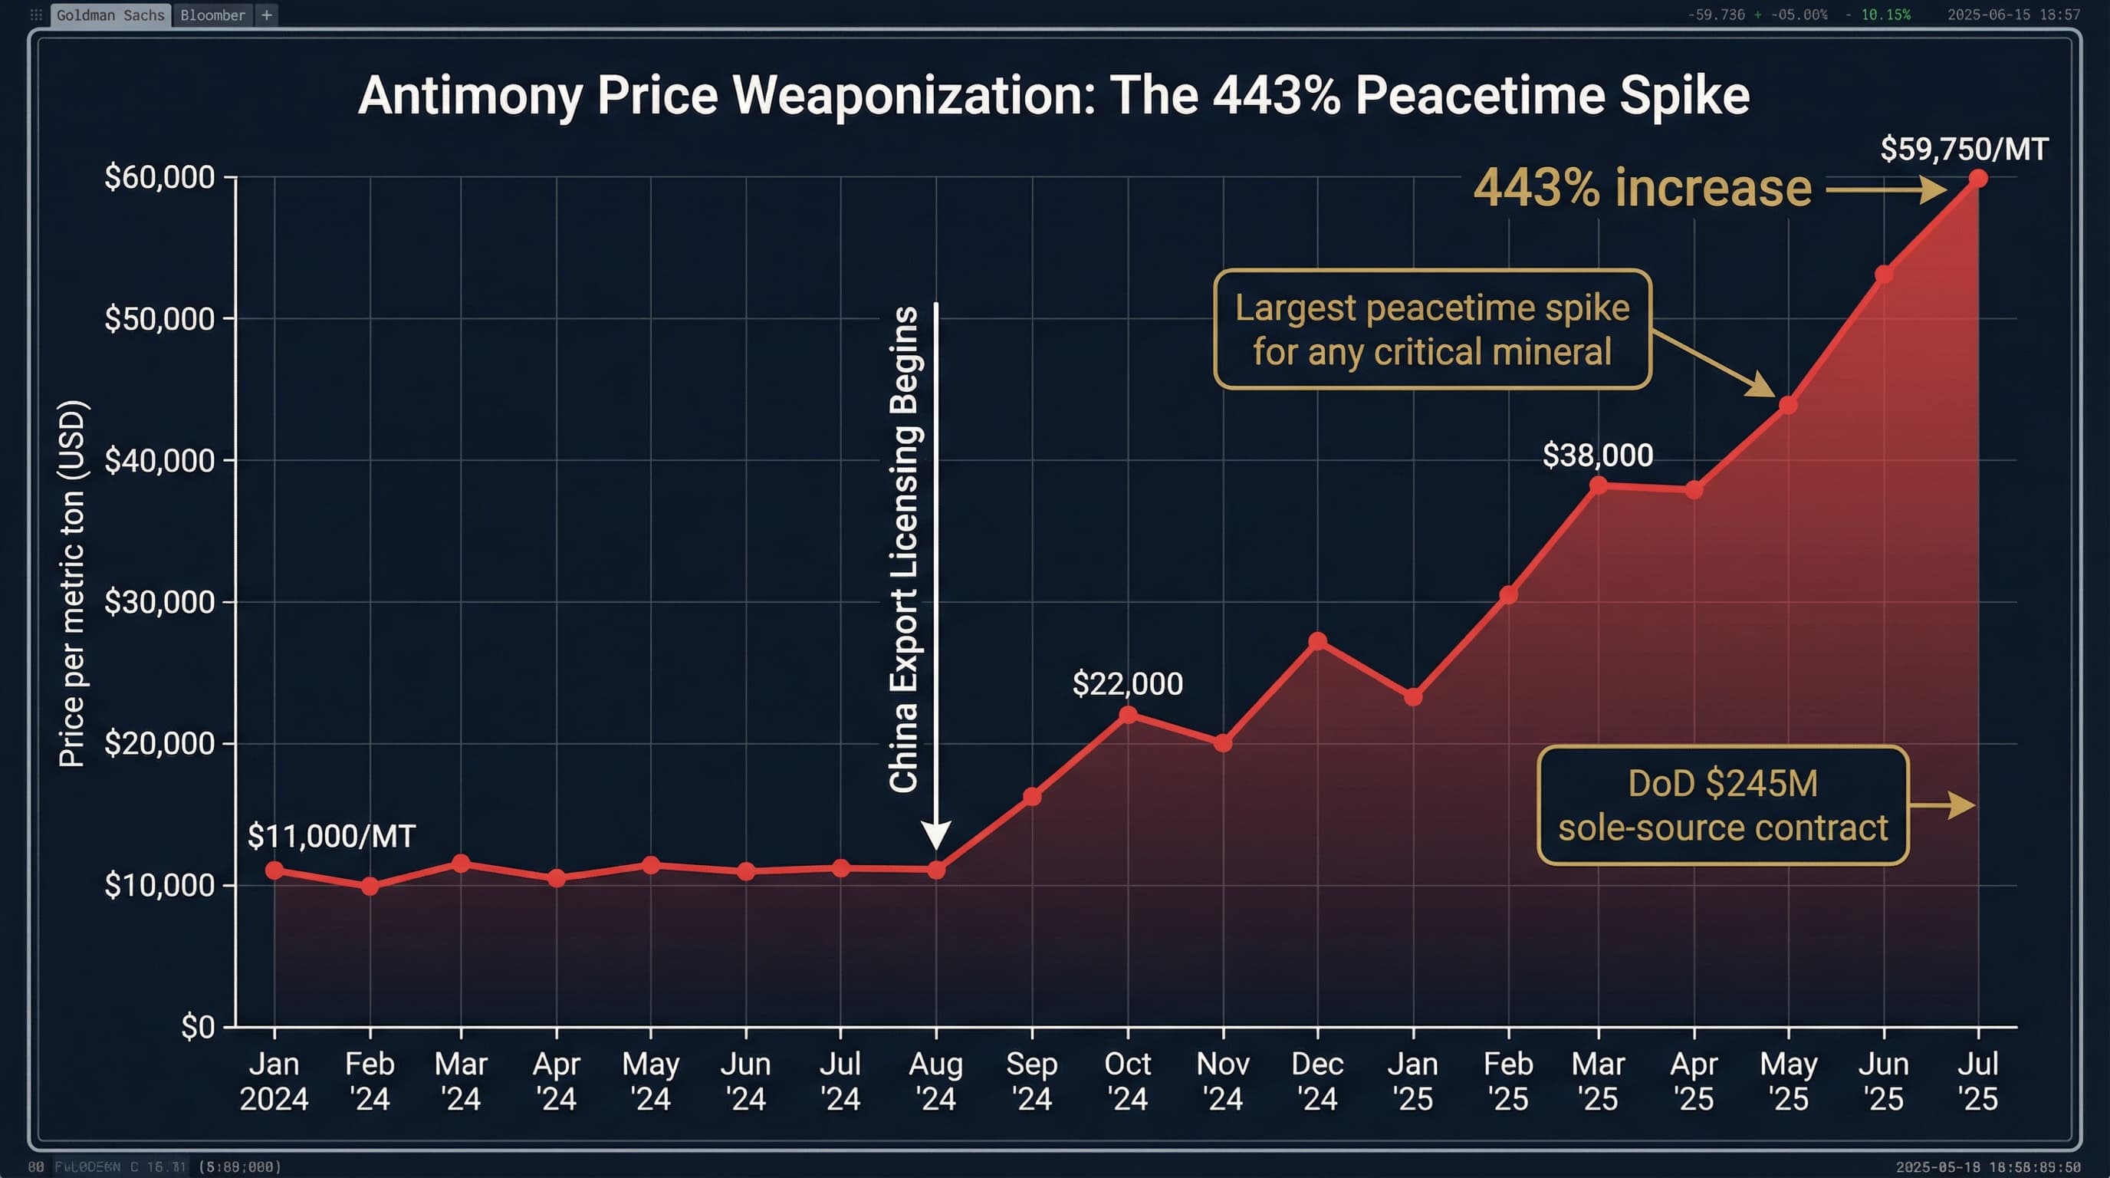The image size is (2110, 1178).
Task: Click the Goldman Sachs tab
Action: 110,15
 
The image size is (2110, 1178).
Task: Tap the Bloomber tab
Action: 212,15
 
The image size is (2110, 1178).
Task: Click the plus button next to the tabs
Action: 266,15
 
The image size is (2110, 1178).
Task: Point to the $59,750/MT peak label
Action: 1964,149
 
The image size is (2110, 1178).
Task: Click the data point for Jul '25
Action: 1977,179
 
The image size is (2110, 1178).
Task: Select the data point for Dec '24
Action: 1317,640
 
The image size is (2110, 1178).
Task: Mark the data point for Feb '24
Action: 370,887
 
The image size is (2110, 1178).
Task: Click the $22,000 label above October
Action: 1127,683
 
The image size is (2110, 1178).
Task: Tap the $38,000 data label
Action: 1597,455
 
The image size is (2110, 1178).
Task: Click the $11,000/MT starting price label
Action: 331,836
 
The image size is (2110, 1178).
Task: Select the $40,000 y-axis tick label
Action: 159,460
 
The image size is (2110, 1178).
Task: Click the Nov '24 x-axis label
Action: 1222,1081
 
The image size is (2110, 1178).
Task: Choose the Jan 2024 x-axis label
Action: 274,1081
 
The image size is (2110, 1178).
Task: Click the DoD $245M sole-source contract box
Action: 1723,805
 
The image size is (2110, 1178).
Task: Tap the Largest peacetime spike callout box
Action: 1431,329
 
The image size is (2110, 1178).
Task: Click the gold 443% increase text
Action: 1642,189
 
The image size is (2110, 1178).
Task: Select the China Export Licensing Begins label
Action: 903,549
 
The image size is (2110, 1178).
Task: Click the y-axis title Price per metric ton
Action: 72,584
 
